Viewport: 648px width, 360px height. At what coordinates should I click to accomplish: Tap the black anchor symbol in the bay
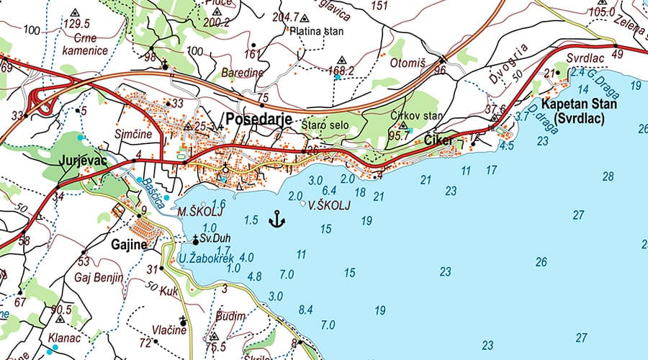click(x=276, y=219)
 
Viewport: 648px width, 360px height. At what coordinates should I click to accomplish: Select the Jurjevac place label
click(x=84, y=161)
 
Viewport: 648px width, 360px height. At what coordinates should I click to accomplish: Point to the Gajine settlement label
click(x=129, y=245)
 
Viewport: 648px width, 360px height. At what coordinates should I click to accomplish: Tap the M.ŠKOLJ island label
click(x=196, y=213)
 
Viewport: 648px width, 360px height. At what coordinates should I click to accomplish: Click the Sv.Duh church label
click(x=214, y=238)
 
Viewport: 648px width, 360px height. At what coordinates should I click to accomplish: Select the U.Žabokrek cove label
click(x=207, y=258)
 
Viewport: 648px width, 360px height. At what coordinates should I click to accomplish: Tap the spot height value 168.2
click(x=341, y=71)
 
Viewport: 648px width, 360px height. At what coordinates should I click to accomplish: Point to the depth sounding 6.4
click(x=330, y=190)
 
